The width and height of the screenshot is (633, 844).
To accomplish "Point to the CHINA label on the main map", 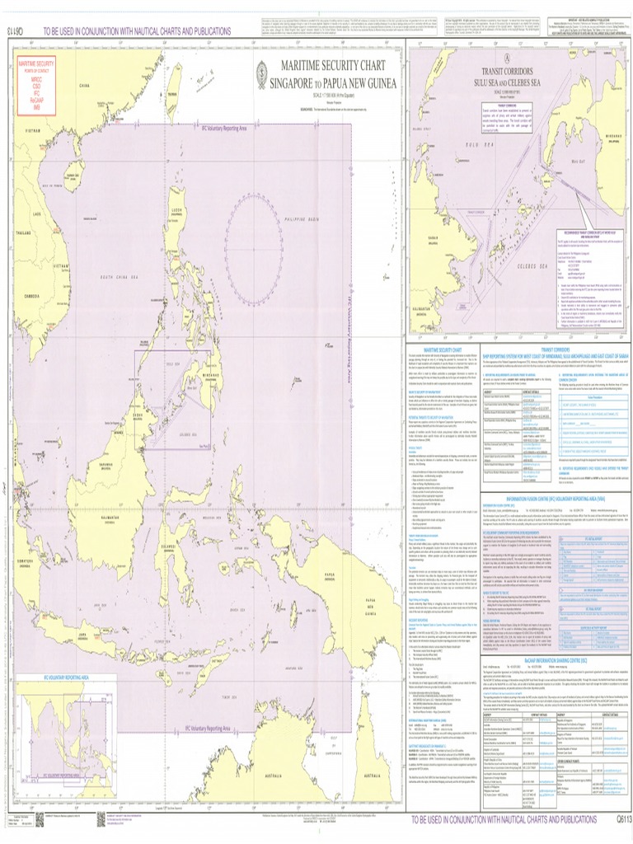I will (83, 85).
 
